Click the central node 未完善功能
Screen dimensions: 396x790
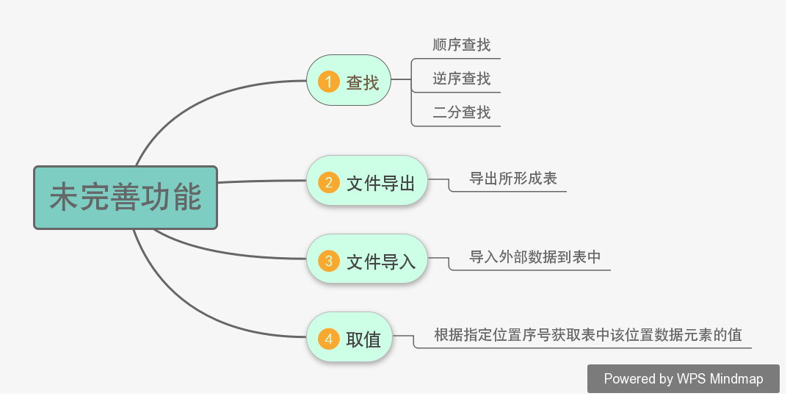126,198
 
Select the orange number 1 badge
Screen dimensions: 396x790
328,81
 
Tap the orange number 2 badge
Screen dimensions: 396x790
328,181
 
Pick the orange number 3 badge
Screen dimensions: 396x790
328,260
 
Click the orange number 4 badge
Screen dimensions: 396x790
328,339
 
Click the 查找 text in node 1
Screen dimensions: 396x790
363,82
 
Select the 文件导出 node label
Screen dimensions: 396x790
380,182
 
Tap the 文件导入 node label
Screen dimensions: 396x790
380,261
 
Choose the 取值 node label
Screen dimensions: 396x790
363,339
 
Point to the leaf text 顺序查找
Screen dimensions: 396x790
461,45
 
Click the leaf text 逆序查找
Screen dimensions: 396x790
461,79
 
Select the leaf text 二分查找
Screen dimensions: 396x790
461,112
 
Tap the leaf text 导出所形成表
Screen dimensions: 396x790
513,178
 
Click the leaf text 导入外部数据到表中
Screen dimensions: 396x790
535,256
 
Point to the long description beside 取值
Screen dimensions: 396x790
588,335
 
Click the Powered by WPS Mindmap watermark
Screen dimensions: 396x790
683,379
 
